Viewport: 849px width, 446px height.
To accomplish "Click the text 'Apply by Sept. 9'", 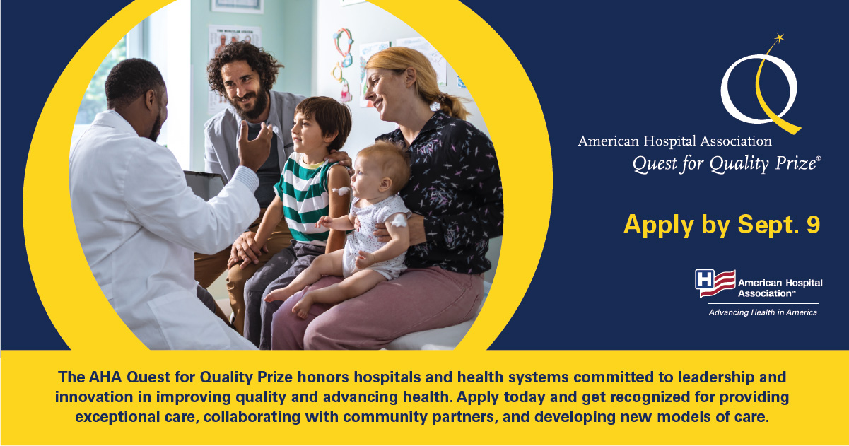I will click(722, 224).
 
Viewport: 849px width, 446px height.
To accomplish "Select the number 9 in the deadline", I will click(813, 224).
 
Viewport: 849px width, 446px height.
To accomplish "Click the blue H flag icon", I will click(715, 283).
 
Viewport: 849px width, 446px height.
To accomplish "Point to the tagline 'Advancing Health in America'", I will click(763, 312).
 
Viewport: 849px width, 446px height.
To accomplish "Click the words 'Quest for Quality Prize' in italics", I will click(725, 164).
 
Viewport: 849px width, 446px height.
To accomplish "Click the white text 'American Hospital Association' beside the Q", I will click(674, 141).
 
